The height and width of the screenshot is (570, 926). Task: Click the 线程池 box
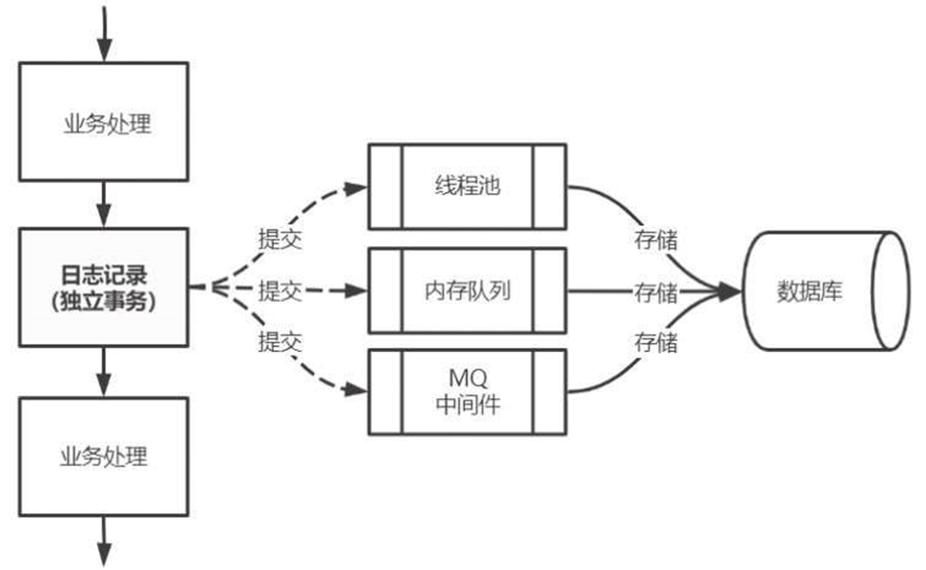(468, 186)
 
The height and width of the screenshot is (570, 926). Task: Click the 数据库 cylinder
(825, 290)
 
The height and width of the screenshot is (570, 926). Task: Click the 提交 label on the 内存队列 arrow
(280, 290)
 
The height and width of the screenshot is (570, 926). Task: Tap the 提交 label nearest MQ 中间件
(280, 341)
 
